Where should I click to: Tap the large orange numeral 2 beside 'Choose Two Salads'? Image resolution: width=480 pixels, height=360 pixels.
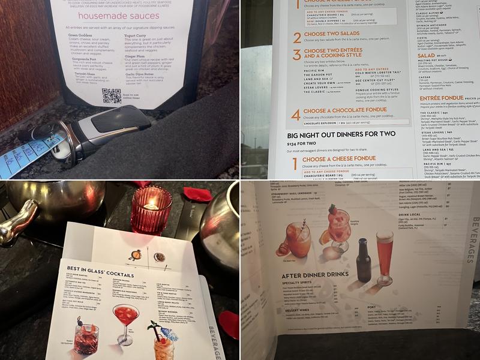(297, 37)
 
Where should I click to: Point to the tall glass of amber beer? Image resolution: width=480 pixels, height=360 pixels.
(385, 250)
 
